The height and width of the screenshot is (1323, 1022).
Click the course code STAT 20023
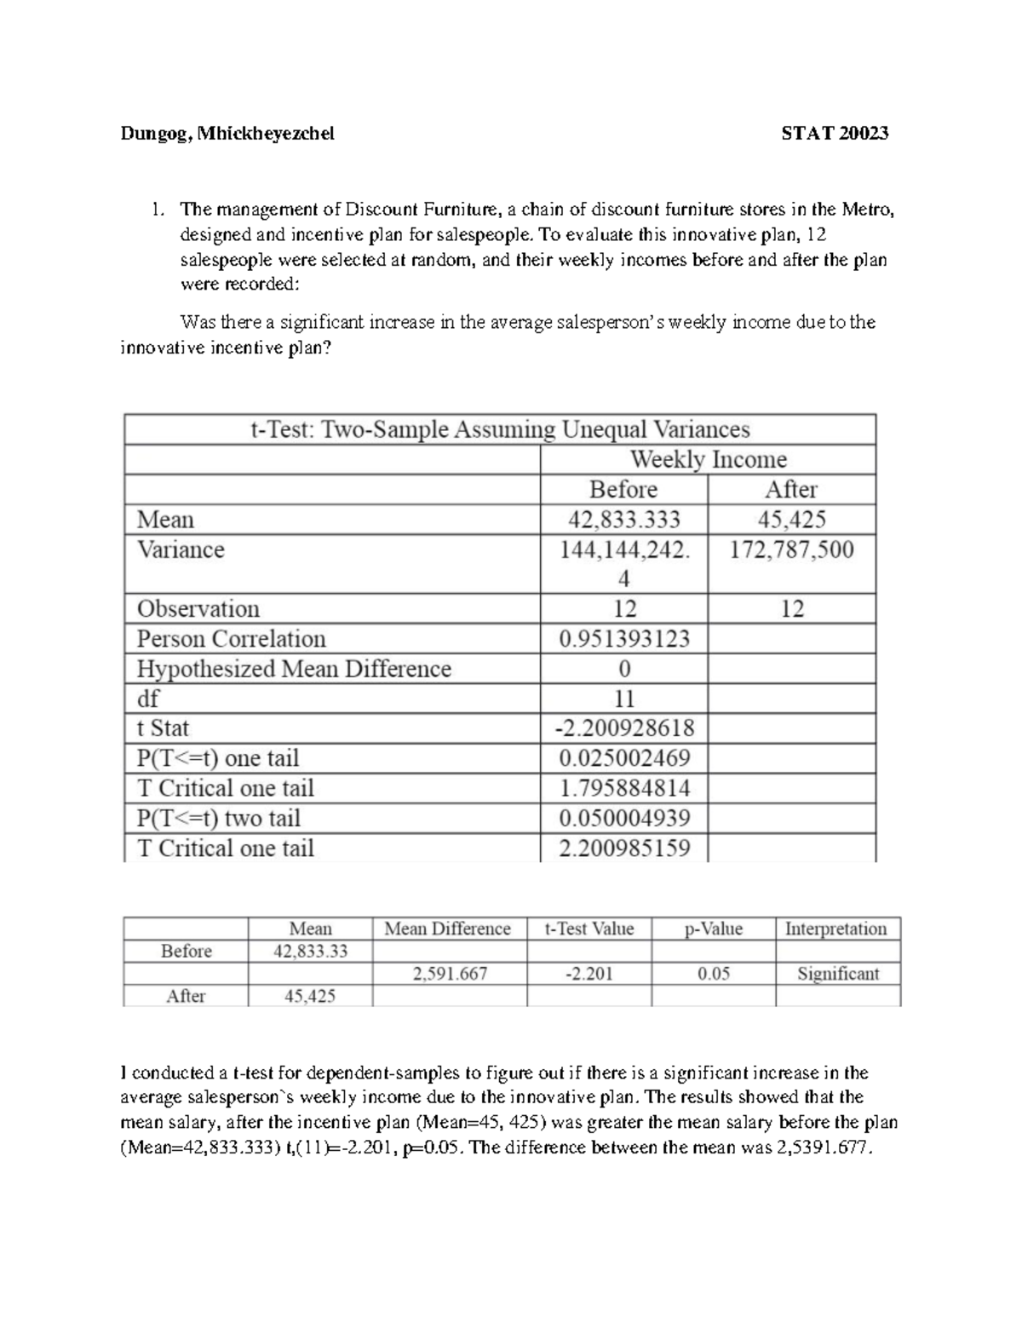click(x=835, y=133)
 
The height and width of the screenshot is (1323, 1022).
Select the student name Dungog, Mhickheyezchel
click(x=227, y=133)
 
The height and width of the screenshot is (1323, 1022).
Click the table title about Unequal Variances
click(x=500, y=429)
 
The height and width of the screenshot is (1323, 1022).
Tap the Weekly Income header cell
click(x=708, y=460)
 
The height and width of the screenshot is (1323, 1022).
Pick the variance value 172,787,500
click(x=791, y=549)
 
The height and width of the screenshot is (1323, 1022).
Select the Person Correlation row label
click(x=231, y=639)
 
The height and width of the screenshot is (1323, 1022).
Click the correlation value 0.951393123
click(x=624, y=639)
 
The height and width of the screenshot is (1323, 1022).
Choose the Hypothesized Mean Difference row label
click(x=294, y=669)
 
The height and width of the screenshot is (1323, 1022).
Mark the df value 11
click(x=624, y=699)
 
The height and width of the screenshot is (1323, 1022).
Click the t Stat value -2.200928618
click(x=624, y=728)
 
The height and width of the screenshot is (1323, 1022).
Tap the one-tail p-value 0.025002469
click(x=624, y=758)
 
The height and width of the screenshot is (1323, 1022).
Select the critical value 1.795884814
click(x=624, y=788)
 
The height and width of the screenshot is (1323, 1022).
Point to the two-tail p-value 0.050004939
click(x=624, y=819)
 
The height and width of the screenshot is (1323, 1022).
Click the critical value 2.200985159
click(x=624, y=848)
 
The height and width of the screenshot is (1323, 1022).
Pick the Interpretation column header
click(x=835, y=929)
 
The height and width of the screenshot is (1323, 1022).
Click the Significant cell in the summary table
click(x=837, y=974)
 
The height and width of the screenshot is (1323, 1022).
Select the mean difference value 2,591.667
click(x=450, y=974)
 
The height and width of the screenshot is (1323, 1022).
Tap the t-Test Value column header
click(x=589, y=929)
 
